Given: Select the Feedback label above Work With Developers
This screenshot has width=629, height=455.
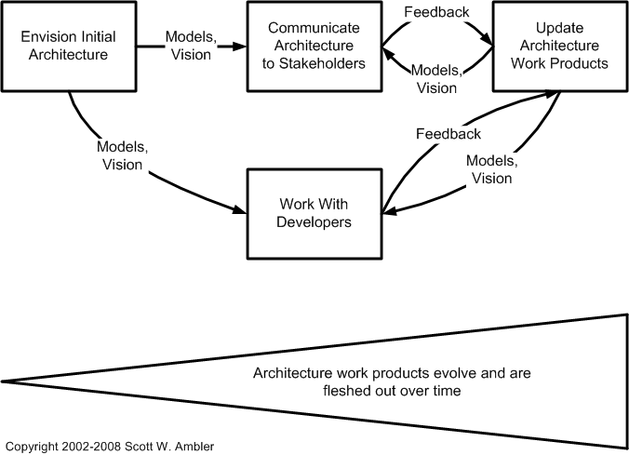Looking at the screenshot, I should [x=448, y=133].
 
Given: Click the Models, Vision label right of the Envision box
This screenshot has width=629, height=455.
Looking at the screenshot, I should [x=192, y=45].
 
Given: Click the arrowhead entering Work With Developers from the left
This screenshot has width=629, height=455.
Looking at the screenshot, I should [x=239, y=208].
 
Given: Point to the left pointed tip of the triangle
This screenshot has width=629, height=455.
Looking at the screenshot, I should [x=3, y=381].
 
